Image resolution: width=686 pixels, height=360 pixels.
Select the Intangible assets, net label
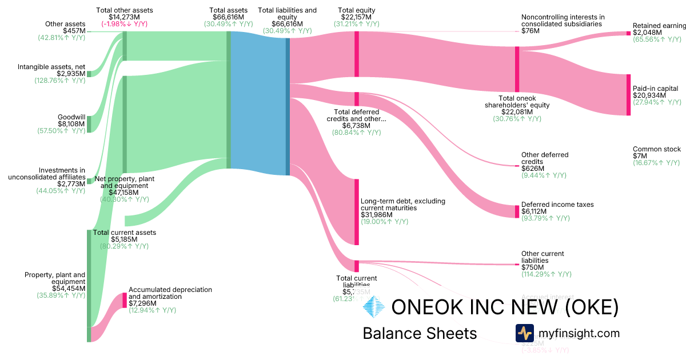(51, 67)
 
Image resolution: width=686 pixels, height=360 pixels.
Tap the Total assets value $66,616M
(228, 17)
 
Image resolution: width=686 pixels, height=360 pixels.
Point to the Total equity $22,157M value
(356, 17)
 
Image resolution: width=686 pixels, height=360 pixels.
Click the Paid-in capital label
(655, 89)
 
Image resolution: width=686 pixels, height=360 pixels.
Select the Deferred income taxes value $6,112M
(534, 211)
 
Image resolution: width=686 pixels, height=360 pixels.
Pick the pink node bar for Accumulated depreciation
(124, 301)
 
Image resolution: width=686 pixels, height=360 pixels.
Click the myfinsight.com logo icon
(524, 333)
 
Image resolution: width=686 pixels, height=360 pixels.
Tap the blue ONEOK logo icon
(374, 307)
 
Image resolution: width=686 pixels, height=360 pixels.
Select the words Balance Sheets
(420, 333)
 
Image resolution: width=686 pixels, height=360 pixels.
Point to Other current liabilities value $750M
(531, 267)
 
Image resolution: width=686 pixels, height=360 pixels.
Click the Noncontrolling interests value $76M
(529, 31)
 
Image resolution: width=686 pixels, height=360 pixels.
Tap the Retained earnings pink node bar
(628, 33)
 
